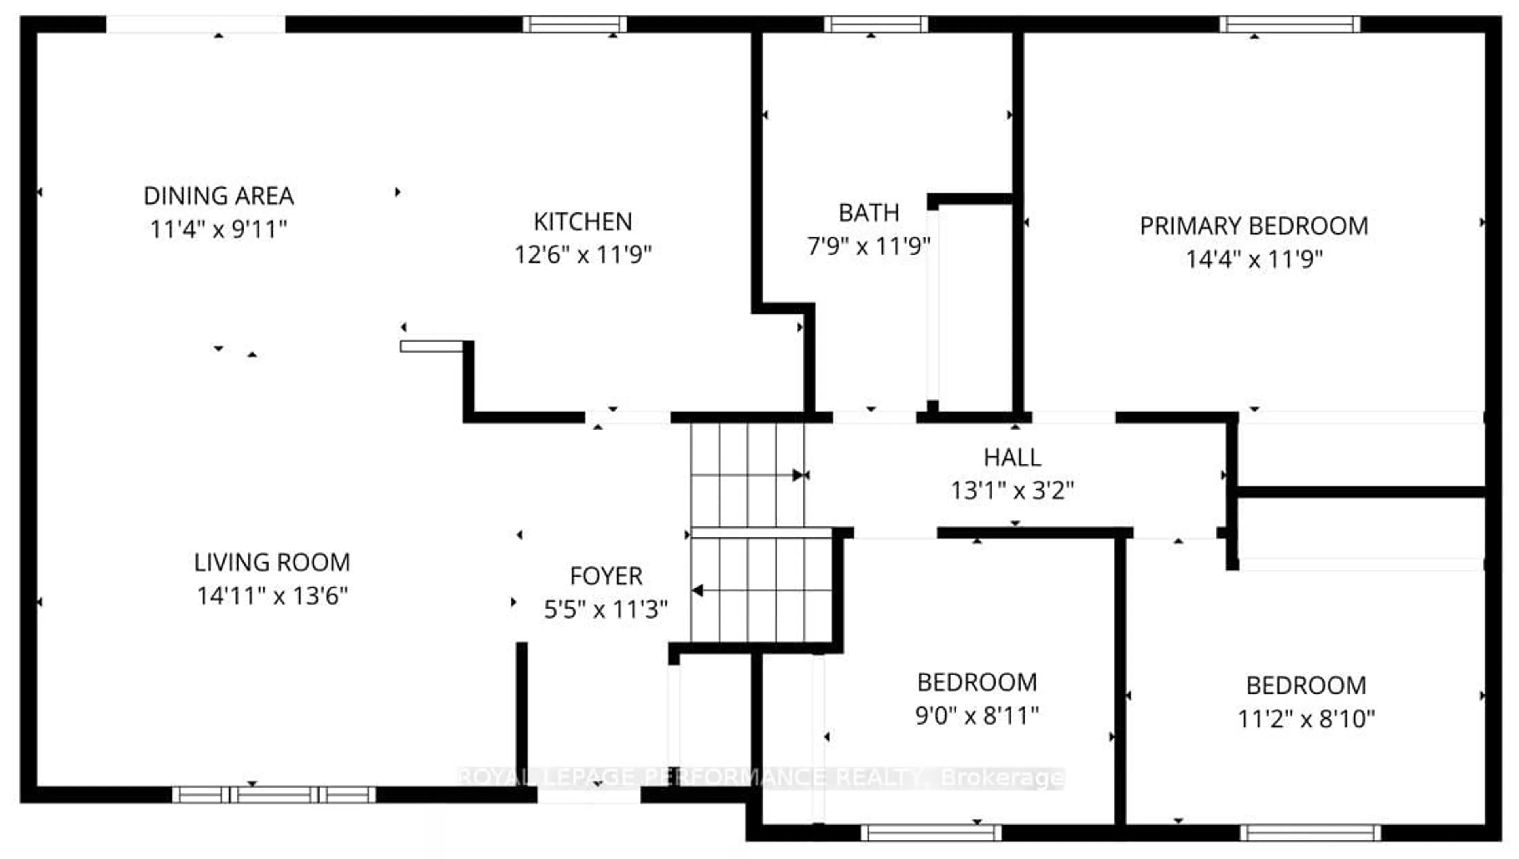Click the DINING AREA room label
pyautogui.click(x=218, y=196)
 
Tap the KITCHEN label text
pyautogui.click(x=583, y=222)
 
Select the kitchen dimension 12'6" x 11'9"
pyautogui.click(x=583, y=255)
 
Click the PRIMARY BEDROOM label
pyautogui.click(x=1254, y=226)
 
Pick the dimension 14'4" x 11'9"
pyautogui.click(x=1254, y=259)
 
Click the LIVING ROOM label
pyautogui.click(x=272, y=562)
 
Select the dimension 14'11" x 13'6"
pyautogui.click(x=272, y=596)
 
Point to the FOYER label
pyautogui.click(x=606, y=576)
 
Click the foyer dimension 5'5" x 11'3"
pyautogui.click(x=606, y=609)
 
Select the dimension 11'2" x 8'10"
pyautogui.click(x=1306, y=719)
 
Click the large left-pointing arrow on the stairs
pyautogui.click(x=698, y=590)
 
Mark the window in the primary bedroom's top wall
pyautogui.click(x=1290, y=24)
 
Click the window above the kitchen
pyautogui.click(x=574, y=24)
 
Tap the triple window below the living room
pyautogui.click(x=274, y=795)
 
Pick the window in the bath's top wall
pyautogui.click(x=875, y=24)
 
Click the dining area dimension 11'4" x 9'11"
pyautogui.click(x=218, y=229)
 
